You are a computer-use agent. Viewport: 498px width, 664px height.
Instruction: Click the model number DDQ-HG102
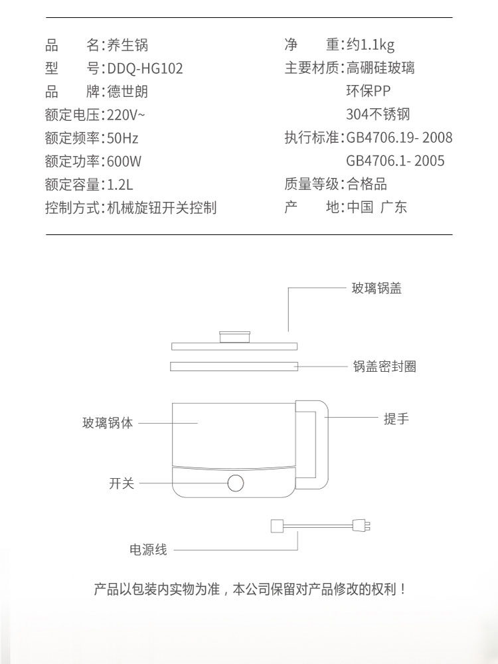tap(145, 68)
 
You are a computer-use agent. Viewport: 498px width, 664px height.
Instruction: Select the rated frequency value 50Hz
tap(123, 138)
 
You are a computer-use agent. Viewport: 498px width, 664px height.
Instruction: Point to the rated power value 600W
tap(124, 161)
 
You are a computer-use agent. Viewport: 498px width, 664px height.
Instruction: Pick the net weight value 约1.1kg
tap(370, 45)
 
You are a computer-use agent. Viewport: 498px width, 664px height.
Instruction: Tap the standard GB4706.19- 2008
tap(399, 137)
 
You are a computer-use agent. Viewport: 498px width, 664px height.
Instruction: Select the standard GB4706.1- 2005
tap(395, 161)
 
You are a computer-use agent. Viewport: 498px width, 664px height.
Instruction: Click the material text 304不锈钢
tap(378, 114)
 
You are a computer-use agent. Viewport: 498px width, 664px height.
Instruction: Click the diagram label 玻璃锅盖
tap(376, 288)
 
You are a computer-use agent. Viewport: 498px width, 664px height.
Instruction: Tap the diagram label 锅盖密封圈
tap(384, 366)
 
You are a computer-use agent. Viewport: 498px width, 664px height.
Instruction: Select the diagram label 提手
tap(396, 419)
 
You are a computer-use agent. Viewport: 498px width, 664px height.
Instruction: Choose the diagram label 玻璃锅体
tap(108, 423)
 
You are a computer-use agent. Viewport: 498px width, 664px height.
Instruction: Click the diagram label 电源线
tap(148, 550)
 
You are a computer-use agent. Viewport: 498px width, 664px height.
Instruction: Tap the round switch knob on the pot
tap(236, 483)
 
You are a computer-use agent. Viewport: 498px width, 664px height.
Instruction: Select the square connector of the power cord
tap(277, 526)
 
